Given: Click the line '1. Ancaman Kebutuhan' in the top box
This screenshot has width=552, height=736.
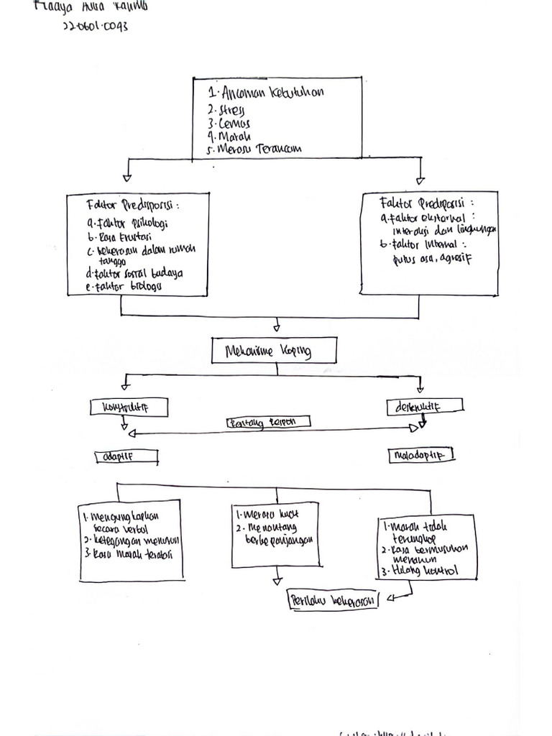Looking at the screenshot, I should (x=264, y=93).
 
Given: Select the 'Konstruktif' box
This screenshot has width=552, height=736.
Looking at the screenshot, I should (x=129, y=408).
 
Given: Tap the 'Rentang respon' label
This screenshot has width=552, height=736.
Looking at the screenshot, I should (x=267, y=423).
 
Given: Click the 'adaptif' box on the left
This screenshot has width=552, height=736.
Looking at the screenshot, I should (x=126, y=456).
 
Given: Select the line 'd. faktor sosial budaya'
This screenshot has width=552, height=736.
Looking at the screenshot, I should (x=134, y=274).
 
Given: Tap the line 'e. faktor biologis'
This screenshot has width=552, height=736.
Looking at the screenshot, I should (x=124, y=286).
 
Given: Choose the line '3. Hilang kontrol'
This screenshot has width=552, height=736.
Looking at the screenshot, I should (x=420, y=571).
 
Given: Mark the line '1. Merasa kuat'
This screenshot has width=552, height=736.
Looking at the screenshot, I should (x=267, y=515).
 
